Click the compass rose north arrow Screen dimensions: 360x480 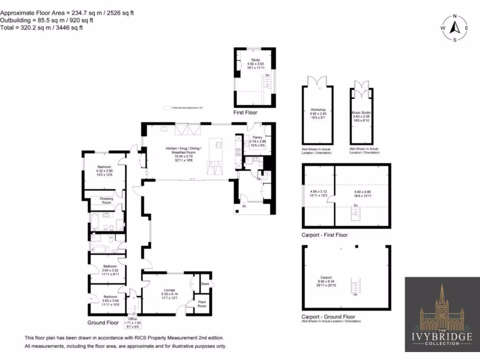[454, 28]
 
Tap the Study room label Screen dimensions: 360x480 [255, 60]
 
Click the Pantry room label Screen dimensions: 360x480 [257, 137]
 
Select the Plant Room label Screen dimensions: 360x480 [202, 304]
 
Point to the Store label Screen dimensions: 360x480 [204, 284]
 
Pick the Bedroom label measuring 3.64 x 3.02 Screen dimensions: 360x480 [111, 266]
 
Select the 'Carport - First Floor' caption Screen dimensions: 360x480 [325, 235]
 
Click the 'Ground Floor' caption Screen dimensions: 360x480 [103, 323]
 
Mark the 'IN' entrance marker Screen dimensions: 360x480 [244, 206]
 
